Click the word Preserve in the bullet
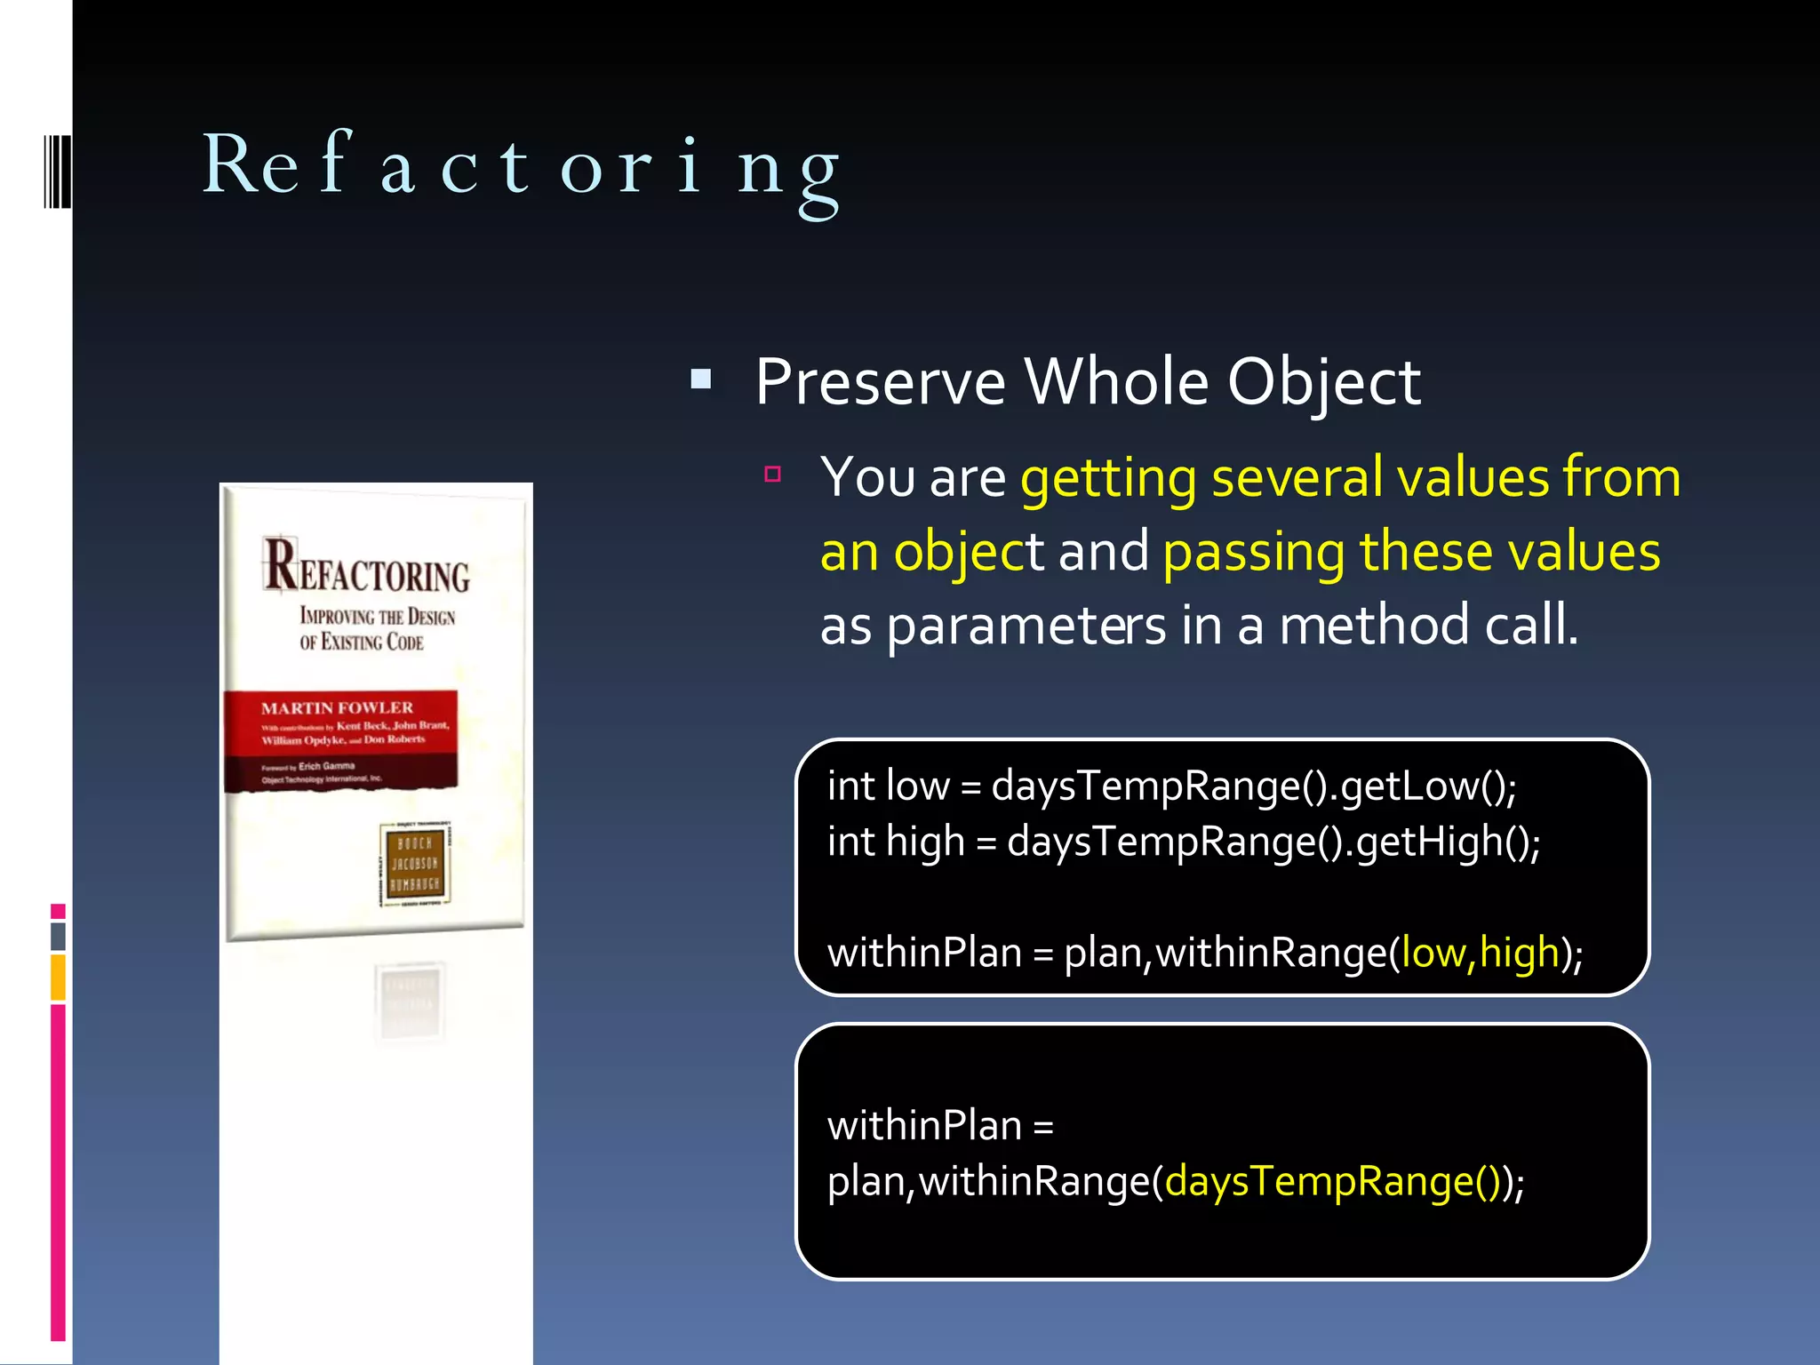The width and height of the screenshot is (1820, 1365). click(880, 383)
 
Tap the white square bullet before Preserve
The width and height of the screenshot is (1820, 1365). click(701, 380)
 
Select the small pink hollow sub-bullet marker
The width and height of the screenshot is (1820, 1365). click(772, 475)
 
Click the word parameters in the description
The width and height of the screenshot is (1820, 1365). click(1026, 627)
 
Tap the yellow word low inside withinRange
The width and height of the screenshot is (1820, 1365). click(1433, 953)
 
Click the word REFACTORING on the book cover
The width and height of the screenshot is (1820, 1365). click(366, 570)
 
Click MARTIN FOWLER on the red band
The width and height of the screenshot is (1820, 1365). click(337, 708)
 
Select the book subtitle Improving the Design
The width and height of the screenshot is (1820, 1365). click(377, 617)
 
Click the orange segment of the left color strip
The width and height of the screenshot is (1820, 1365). click(59, 977)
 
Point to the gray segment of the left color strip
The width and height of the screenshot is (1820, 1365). click(59, 936)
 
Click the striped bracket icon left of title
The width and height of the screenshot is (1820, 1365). click(57, 171)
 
